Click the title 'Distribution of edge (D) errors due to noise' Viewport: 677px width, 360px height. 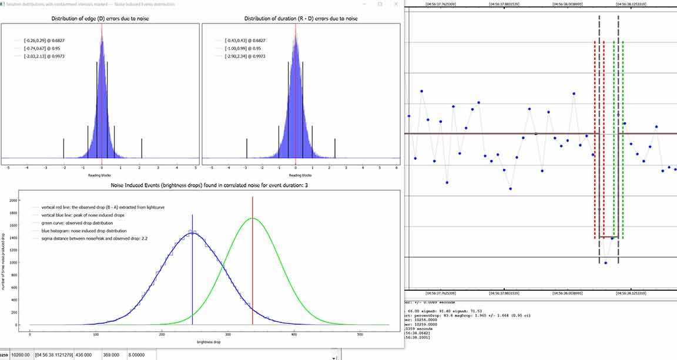[101, 19]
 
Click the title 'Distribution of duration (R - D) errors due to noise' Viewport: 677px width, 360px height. [300, 19]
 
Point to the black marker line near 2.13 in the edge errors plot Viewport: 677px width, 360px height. [142, 148]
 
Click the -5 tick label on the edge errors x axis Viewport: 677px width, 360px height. [8, 168]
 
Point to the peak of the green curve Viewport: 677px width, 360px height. [252, 218]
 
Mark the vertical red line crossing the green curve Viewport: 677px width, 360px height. [253, 264]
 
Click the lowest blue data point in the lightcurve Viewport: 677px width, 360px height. [605, 263]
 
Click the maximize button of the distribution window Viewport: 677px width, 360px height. [380, 4]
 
